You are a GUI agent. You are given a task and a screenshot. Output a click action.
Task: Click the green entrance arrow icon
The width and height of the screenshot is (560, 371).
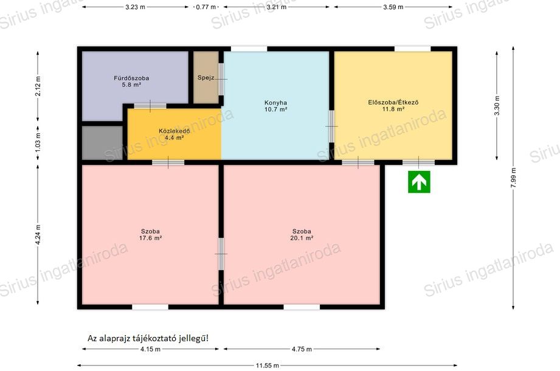tap(419, 182)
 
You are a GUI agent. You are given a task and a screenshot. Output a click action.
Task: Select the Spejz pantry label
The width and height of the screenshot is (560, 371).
tap(206, 77)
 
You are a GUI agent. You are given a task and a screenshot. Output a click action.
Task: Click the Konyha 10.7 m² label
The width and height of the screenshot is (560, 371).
tap(275, 106)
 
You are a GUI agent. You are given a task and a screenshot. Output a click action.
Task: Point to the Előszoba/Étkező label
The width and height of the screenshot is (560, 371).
tap(393, 102)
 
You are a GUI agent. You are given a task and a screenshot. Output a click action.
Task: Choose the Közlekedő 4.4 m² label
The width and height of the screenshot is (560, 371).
tap(175, 134)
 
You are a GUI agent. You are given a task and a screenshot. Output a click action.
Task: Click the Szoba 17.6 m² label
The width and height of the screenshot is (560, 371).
tap(150, 235)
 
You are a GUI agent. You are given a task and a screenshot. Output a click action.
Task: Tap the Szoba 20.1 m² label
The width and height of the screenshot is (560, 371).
tap(302, 235)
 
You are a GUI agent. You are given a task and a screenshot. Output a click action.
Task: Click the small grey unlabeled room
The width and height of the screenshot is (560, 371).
tap(103, 143)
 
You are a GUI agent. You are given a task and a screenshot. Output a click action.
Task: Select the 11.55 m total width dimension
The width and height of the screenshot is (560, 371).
tap(267, 366)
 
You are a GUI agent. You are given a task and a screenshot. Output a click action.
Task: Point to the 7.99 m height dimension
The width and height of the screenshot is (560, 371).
tap(513, 178)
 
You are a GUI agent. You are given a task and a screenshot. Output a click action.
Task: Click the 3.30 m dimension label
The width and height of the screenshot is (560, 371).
tap(497, 105)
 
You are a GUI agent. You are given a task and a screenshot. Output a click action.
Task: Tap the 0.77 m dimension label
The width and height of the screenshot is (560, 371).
tap(206, 7)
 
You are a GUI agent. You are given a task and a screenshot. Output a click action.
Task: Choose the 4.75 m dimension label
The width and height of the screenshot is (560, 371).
tap(302, 349)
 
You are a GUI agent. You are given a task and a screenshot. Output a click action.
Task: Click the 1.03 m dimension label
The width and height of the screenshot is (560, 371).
tap(38, 141)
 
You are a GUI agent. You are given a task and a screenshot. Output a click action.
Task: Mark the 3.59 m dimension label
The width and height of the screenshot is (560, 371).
tap(393, 7)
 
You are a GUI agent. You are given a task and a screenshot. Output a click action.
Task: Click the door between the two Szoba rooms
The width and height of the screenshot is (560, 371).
tap(221, 254)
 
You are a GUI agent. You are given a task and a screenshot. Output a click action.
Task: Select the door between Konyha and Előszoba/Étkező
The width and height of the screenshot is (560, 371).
tap(331, 127)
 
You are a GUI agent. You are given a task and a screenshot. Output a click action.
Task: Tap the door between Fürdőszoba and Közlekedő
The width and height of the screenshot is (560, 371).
tap(150, 106)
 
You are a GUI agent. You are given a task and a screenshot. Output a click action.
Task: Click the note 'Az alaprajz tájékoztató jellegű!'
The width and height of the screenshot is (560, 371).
tap(148, 338)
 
